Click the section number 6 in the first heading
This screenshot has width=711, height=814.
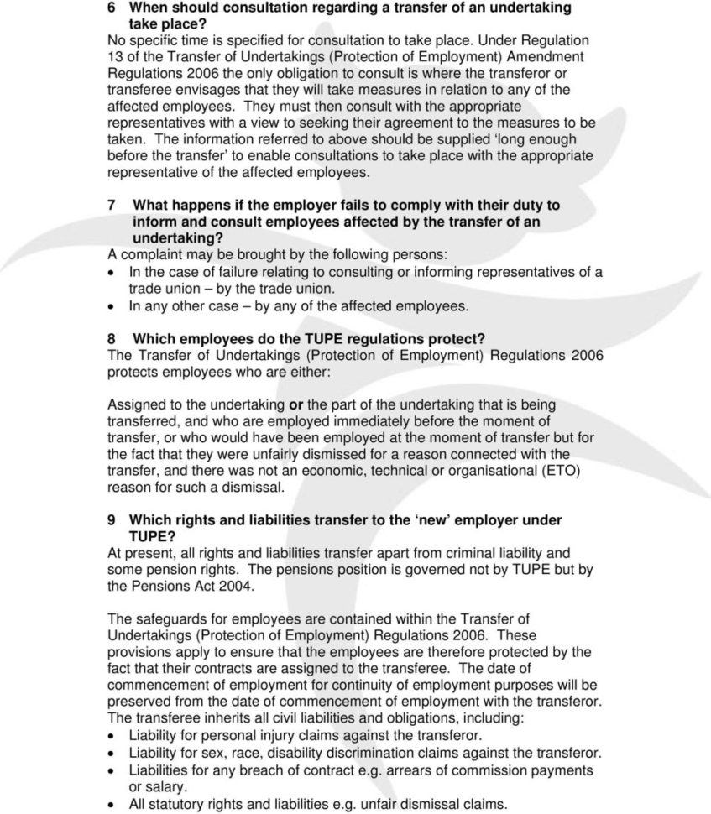click(x=112, y=8)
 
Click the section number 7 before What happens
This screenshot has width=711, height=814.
click(x=112, y=206)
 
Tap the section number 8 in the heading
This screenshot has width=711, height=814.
click(x=112, y=338)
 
